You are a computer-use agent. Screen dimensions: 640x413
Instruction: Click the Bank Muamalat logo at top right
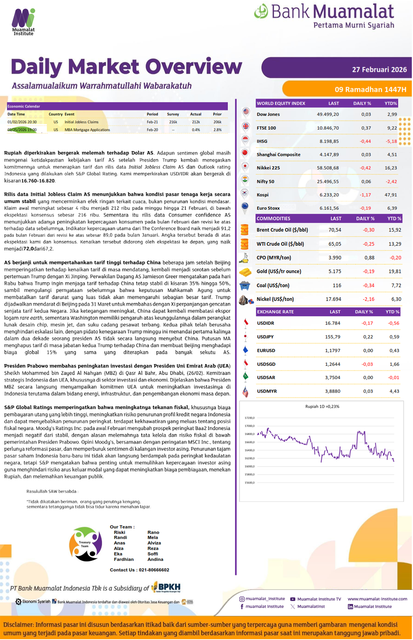324,16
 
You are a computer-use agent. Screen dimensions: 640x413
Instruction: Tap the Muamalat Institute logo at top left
23,22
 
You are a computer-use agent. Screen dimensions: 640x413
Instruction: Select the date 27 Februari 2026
379,70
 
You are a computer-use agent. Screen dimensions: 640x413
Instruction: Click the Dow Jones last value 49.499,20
328,114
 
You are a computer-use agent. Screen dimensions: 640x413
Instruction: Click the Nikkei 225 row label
268,168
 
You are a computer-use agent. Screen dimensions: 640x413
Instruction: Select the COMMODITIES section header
273,218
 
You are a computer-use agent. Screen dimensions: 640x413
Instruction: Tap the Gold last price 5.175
334,271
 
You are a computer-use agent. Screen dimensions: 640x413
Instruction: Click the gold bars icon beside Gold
245,272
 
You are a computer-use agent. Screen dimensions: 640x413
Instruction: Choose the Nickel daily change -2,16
368,299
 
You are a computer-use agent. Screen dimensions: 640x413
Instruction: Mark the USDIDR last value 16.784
332,323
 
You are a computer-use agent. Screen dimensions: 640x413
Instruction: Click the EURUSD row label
266,350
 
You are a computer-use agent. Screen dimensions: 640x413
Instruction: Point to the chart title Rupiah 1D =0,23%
322,406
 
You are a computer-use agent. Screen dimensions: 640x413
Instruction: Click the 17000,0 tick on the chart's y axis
249,426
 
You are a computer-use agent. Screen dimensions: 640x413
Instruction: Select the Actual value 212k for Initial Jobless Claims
196,122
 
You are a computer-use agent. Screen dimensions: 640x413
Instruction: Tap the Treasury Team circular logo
85,544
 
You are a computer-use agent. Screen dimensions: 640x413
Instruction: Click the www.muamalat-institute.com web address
377,599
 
